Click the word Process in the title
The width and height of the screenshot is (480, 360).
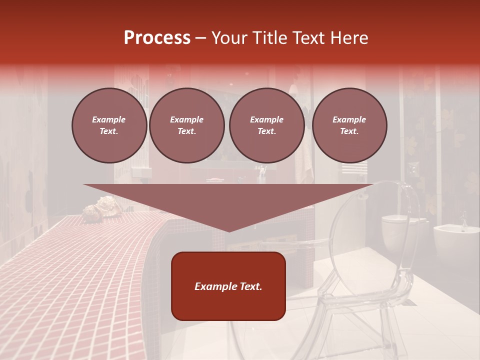[x=157, y=37]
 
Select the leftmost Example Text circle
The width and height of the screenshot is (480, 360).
[x=109, y=125]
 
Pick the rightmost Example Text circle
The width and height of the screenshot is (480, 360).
[x=349, y=125]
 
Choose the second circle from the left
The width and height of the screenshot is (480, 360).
[x=186, y=125]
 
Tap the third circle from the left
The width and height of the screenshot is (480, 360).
[x=266, y=125]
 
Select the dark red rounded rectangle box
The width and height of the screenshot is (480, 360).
[x=228, y=286]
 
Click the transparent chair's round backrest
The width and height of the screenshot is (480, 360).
[x=370, y=220]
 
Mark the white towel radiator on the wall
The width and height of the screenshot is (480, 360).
[x=354, y=167]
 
